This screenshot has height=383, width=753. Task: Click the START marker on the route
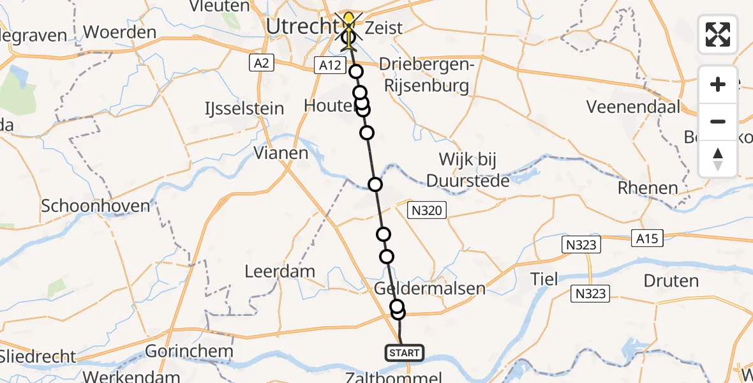[x=404, y=353]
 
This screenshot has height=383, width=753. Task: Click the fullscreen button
[x=718, y=34]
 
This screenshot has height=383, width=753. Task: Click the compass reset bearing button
[x=718, y=158]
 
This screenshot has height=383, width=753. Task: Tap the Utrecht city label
[x=301, y=26]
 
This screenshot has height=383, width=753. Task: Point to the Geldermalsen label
[x=429, y=289]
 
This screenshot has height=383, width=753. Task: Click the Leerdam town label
[x=280, y=271]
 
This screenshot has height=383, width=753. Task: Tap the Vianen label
[x=281, y=153]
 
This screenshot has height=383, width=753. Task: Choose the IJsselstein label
[x=245, y=109]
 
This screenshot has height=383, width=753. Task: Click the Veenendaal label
[x=634, y=107]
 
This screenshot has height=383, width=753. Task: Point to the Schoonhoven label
[x=95, y=206]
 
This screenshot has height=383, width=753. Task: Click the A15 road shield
[x=646, y=238]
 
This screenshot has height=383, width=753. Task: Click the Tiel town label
[x=544, y=278]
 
